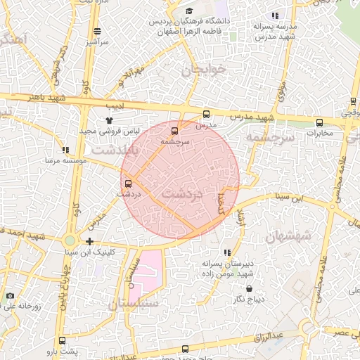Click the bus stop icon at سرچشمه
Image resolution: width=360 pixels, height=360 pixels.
coord(175,130)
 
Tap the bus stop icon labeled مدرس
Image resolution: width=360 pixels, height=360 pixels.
coord(206,114)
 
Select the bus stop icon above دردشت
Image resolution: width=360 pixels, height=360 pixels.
coord(127,183)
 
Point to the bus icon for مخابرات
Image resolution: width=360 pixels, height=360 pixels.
coord(320,122)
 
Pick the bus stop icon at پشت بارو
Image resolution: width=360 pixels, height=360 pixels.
coord(63,340)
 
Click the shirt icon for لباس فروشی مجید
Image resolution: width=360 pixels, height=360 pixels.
coord(109,120)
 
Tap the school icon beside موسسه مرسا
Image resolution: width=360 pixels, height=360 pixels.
coord(65,150)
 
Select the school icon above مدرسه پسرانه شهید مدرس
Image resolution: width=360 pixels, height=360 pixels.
coord(275,15)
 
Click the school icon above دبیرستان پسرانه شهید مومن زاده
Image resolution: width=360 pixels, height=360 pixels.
coord(226,252)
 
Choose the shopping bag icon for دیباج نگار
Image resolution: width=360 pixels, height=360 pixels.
coord(249,288)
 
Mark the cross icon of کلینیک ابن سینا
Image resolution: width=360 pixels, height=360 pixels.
coord(89,241)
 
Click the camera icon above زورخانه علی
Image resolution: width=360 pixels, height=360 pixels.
coord(10,296)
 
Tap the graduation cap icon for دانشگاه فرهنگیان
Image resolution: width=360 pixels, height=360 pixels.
coord(188,11)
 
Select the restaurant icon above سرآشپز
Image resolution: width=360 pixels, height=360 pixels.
coord(97,31)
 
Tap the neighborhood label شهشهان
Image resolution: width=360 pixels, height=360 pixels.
coord(289,236)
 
